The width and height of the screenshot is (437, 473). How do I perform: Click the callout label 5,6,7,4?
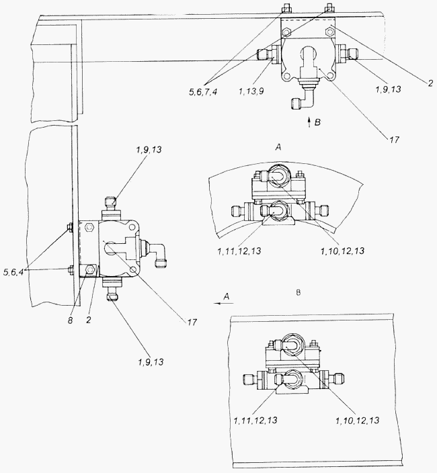point(203,92)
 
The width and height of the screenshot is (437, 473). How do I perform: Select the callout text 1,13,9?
point(251,91)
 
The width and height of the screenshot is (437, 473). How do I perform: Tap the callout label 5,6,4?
point(13,272)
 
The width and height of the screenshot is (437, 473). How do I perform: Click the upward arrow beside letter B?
point(309,122)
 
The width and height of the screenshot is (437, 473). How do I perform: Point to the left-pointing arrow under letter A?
point(224,303)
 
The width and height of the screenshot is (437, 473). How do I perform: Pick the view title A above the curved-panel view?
point(278,147)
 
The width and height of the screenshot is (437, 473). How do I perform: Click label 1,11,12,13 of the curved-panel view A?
point(239,251)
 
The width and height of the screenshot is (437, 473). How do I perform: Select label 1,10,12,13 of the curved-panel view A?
point(342,251)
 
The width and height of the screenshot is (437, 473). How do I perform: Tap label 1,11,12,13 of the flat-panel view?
point(255,420)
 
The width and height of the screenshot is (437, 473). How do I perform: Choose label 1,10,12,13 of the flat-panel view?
point(357,420)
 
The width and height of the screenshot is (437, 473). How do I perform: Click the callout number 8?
point(71,320)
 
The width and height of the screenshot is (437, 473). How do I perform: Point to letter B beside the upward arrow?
point(317,122)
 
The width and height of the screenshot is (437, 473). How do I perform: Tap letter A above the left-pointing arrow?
point(227,296)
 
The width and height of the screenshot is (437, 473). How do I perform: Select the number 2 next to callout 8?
point(89,320)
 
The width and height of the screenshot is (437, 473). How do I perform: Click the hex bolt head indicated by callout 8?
point(90,269)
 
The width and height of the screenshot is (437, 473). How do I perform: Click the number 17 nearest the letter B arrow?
point(394,140)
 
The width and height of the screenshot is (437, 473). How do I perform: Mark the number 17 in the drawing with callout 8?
point(192,322)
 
